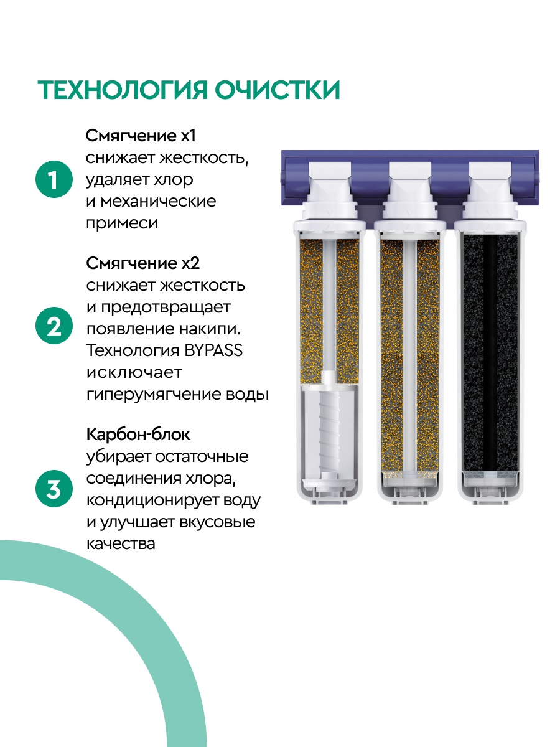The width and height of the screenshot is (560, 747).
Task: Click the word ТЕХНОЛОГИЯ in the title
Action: [122, 90]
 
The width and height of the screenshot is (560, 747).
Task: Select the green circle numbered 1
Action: [54, 181]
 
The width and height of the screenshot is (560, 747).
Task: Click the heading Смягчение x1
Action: [144, 135]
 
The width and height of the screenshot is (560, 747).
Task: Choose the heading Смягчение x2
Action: [143, 263]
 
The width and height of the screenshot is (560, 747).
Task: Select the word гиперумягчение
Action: [154, 395]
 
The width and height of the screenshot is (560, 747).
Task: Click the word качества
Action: [120, 543]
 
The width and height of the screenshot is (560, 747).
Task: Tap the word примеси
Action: [121, 223]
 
